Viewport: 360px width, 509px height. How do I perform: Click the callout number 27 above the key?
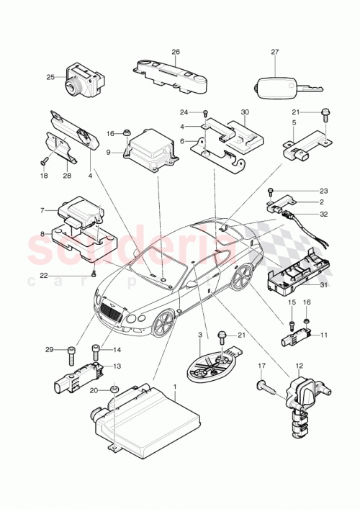[274, 52]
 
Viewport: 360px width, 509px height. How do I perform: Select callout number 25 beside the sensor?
[51, 77]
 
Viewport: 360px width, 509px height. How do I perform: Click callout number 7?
[42, 210]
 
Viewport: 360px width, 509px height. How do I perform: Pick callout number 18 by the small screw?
[42, 176]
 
